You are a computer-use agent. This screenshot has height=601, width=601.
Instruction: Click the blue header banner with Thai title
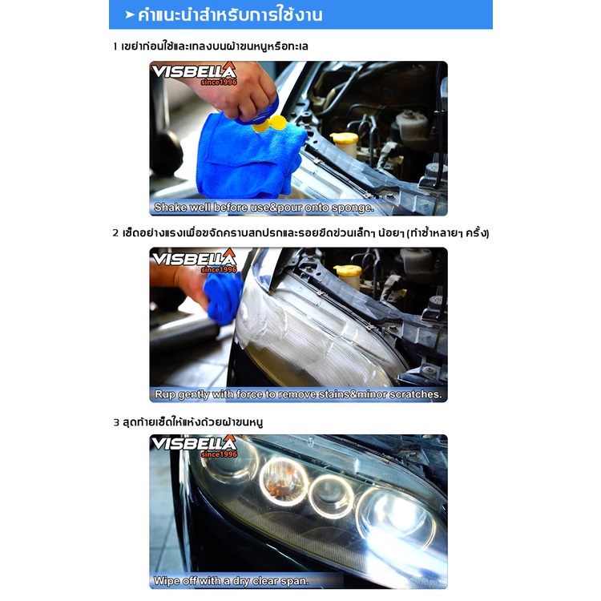pos(300,14)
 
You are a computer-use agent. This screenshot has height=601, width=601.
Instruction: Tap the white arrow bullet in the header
pos(130,15)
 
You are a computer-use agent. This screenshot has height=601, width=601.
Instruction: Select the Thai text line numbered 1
pos(211,46)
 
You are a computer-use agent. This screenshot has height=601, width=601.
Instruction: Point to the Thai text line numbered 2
pos(300,232)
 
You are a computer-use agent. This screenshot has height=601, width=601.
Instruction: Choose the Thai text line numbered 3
pos(188,422)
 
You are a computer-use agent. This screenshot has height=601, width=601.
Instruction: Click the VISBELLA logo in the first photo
pos(194,74)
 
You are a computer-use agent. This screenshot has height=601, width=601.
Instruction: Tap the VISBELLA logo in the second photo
pos(194,260)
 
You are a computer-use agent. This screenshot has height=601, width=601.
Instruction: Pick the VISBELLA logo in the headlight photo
pos(194,446)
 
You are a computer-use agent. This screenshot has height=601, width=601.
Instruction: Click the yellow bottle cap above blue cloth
pos(270,123)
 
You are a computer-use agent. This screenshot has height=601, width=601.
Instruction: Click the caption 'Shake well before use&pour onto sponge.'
pos(264,208)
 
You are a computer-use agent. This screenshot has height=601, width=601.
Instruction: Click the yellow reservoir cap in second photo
pos(347,271)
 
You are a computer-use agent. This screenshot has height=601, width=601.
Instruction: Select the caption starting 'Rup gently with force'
pos(298,394)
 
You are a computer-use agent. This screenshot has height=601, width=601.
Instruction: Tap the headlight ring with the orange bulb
pos(284,482)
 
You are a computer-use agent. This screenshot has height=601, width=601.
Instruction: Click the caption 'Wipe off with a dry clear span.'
pos(231,581)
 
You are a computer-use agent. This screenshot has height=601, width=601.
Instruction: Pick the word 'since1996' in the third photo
pos(219,454)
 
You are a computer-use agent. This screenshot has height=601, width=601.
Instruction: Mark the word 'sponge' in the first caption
pos(353,208)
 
